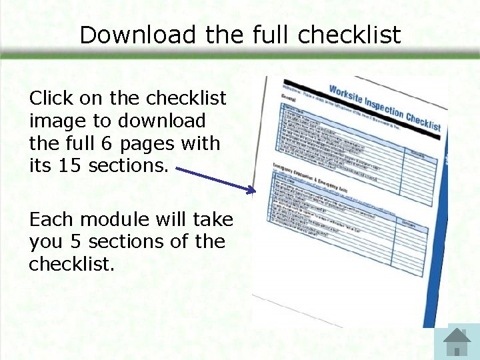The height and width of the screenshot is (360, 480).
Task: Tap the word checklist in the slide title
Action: click(350, 35)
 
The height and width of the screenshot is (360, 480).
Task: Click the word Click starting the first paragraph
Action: click(51, 99)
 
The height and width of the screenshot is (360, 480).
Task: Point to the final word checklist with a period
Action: click(71, 264)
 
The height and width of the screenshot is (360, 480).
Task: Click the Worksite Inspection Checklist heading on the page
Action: click(385, 108)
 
